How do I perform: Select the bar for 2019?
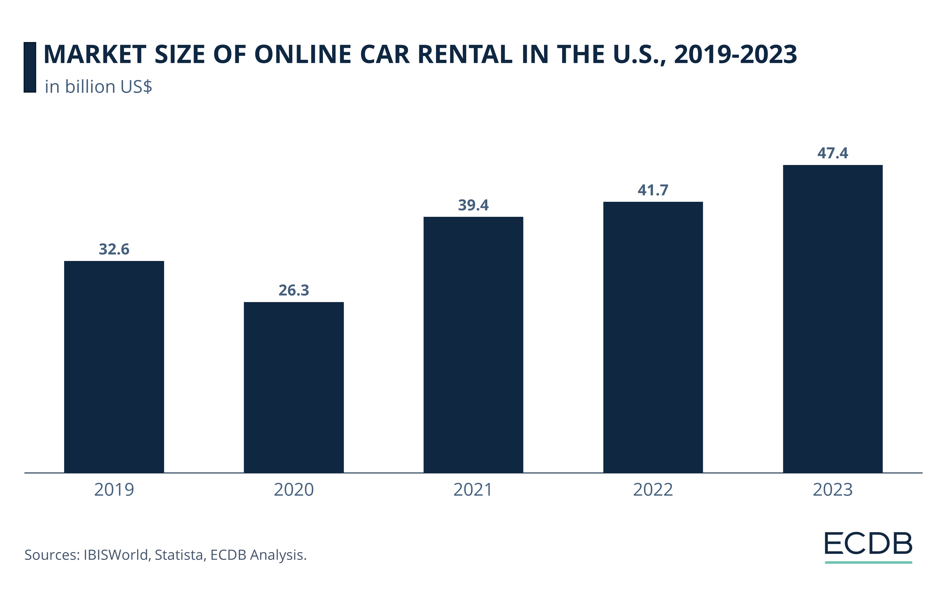tap(114, 366)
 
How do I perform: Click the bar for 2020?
tap(294, 387)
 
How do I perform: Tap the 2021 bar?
tap(473, 344)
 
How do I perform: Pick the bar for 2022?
tap(653, 337)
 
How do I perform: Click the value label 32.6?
tap(114, 249)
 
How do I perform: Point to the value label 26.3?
tap(294, 290)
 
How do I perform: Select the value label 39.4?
tap(473, 205)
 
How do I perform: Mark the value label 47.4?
tap(833, 153)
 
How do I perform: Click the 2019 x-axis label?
tap(114, 490)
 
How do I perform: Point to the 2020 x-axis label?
tap(294, 490)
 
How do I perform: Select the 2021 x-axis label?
tap(473, 490)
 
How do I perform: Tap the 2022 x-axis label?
tap(653, 490)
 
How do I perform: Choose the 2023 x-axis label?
tap(833, 490)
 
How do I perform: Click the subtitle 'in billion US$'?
tap(98, 87)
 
